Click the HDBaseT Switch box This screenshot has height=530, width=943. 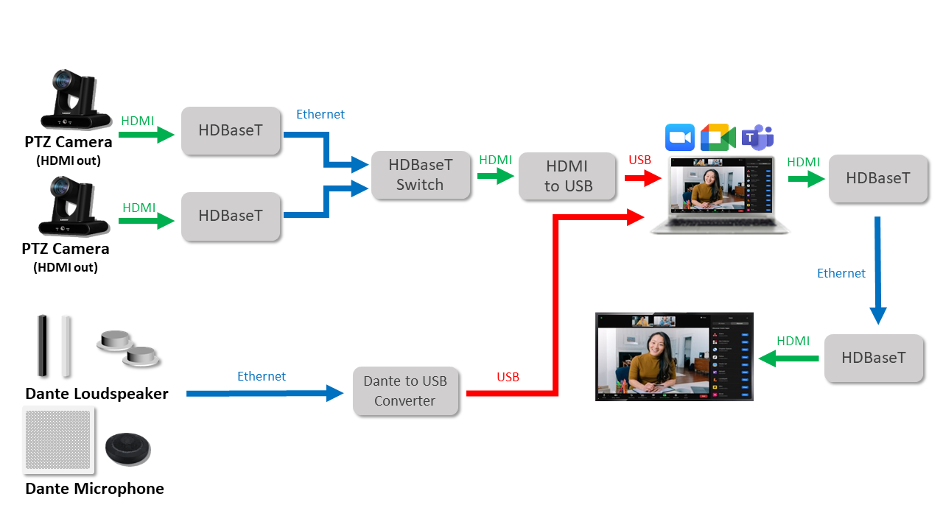pyautogui.click(x=420, y=175)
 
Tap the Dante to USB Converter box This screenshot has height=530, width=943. pyautogui.click(x=404, y=391)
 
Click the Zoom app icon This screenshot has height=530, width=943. pyautogui.click(x=680, y=138)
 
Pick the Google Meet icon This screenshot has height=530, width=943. pyautogui.click(x=718, y=138)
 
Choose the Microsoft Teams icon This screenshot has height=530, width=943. pyautogui.click(x=757, y=138)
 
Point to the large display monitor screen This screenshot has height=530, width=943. pyautogui.click(x=674, y=356)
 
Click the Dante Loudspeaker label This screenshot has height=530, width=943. pyautogui.click(x=97, y=394)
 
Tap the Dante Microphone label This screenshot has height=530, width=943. pyautogui.click(x=94, y=489)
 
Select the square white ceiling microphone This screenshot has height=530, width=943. pyautogui.click(x=59, y=439)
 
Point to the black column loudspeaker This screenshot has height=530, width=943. pyautogui.click(x=43, y=345)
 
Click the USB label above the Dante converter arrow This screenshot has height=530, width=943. pyautogui.click(x=508, y=377)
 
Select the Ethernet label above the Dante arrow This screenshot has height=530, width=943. pyautogui.click(x=261, y=376)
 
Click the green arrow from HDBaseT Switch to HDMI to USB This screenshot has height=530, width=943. pyautogui.click(x=495, y=176)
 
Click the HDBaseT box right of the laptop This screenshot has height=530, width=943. pyautogui.click(x=877, y=178)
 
